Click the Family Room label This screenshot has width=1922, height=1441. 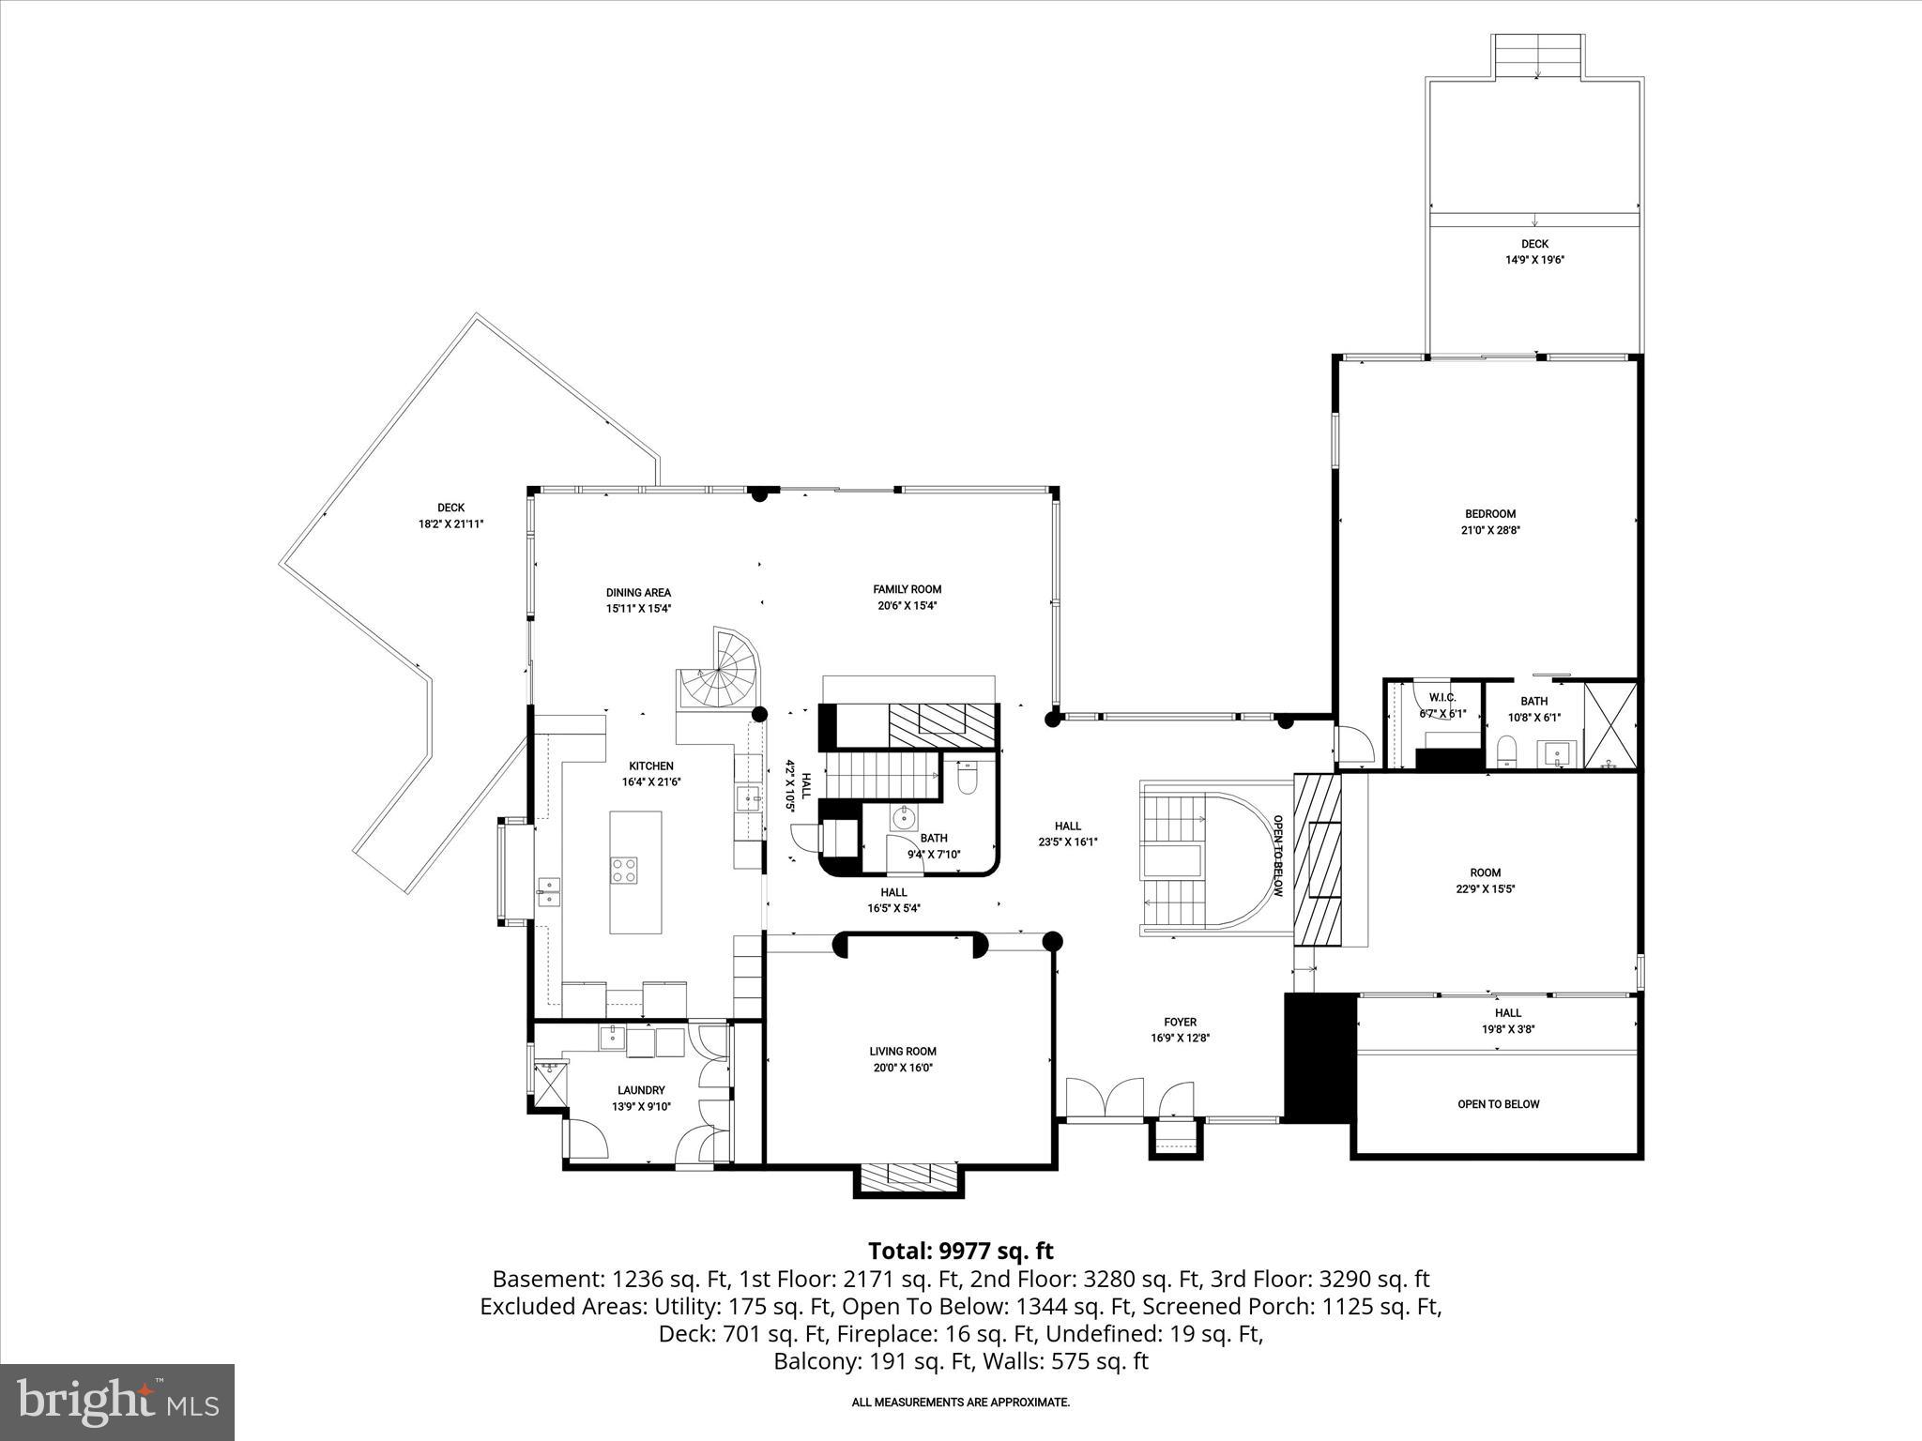click(907, 589)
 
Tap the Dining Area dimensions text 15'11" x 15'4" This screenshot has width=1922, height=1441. click(638, 608)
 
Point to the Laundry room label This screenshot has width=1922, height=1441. click(641, 1090)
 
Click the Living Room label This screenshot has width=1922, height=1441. click(902, 1052)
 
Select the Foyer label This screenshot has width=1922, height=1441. click(1180, 1023)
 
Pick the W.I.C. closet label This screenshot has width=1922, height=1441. click(1441, 697)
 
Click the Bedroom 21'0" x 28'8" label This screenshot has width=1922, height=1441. click(1490, 514)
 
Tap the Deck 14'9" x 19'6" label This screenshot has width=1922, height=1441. click(1534, 244)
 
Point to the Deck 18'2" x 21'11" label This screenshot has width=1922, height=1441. click(450, 508)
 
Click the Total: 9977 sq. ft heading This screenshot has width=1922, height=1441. click(960, 1251)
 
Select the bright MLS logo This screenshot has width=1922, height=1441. click(117, 1402)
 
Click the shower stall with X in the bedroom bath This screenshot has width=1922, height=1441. click(1610, 725)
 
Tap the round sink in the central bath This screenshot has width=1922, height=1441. click(904, 817)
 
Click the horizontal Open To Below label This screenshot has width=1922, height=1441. click(1498, 1104)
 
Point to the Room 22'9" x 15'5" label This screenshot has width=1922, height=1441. click(1486, 872)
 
